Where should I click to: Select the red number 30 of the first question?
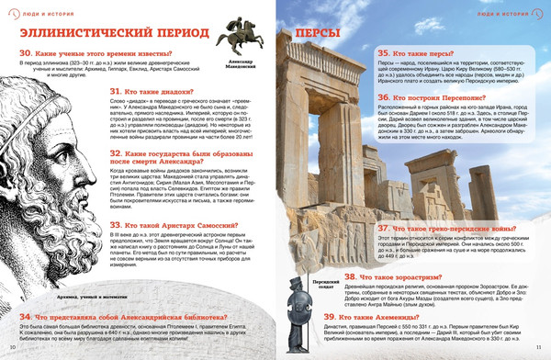(x=27, y=54)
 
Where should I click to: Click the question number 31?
(x=116, y=91)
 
